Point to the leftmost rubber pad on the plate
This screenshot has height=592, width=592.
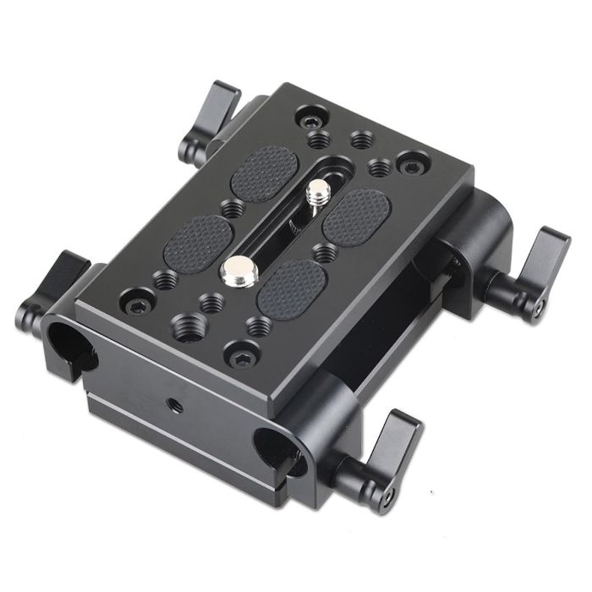[201, 238]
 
